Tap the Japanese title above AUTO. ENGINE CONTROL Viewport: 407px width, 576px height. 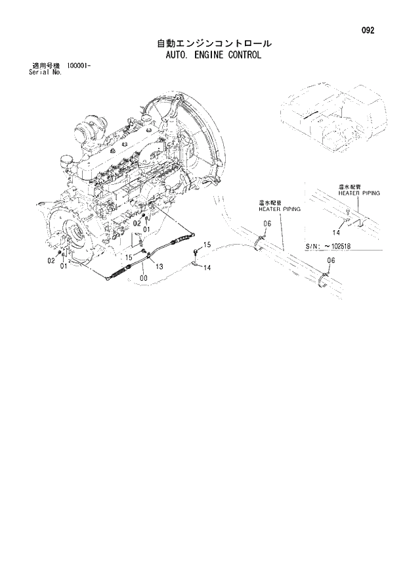(x=213, y=43)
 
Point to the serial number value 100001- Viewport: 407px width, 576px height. (x=77, y=66)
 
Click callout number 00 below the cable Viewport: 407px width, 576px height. (x=143, y=278)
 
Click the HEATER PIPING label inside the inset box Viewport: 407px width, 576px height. (x=359, y=193)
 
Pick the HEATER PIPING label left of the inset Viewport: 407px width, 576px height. (x=279, y=208)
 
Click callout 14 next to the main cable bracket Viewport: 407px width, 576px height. (x=207, y=268)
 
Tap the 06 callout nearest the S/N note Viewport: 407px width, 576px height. (x=330, y=260)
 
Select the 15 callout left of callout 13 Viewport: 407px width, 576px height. (x=129, y=256)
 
